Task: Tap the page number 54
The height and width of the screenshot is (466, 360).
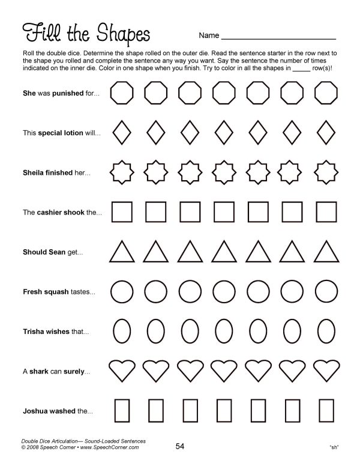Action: pyautogui.click(x=180, y=445)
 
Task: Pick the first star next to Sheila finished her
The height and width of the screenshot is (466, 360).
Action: pyautogui.click(x=122, y=172)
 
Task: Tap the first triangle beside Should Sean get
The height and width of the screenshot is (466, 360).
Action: pyautogui.click(x=122, y=253)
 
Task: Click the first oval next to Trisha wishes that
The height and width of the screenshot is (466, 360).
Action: pyautogui.click(x=122, y=331)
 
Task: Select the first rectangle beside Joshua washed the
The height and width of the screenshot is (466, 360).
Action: pyautogui.click(x=122, y=411)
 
